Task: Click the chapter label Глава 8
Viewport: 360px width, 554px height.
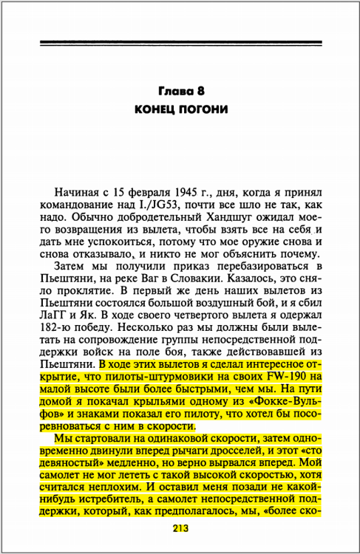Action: (x=180, y=92)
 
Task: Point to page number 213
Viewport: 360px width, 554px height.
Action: (x=180, y=527)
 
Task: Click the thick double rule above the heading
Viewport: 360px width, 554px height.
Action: (x=180, y=42)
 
